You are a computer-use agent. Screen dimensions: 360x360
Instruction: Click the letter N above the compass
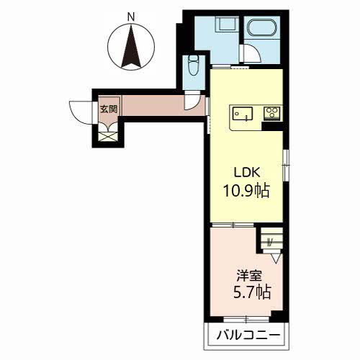(131, 17)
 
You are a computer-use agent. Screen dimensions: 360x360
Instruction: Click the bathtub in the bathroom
(262, 28)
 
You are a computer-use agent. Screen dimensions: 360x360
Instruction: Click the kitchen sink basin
(243, 114)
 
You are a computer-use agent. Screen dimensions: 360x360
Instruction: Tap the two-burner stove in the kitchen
(272, 112)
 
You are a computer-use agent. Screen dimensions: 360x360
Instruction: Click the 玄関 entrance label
(109, 109)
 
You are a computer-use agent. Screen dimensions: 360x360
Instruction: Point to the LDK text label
(247, 172)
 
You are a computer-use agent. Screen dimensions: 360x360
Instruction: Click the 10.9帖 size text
(246, 191)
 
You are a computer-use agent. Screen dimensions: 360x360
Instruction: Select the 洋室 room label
(249, 276)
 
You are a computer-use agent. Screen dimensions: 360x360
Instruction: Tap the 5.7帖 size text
(252, 292)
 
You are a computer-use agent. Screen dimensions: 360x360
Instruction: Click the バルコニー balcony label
(248, 336)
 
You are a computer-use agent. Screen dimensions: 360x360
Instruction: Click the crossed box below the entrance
(108, 137)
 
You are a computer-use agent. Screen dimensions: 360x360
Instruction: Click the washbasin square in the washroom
(226, 23)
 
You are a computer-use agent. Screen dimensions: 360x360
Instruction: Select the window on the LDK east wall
(286, 165)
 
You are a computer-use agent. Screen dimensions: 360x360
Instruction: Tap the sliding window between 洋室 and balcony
(246, 319)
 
